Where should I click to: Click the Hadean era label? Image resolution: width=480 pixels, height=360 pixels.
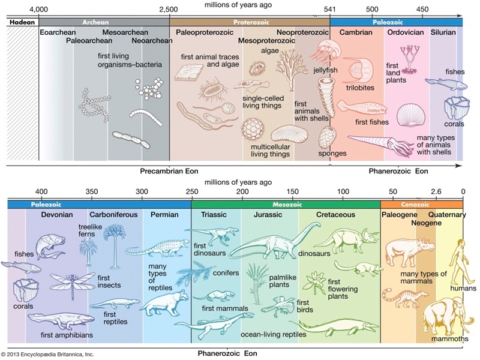[22, 22]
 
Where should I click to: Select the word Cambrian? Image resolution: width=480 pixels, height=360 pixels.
[356, 32]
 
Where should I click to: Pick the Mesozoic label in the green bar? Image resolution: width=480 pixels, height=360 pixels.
[287, 205]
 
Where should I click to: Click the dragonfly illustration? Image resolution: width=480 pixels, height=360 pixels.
[73, 284]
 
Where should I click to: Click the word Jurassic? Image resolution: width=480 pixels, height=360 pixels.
[268, 215]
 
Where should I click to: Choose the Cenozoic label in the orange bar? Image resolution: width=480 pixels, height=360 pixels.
[415, 205]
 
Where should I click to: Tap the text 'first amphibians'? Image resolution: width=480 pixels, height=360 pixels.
[67, 335]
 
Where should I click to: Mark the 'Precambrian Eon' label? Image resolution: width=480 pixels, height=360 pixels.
[169, 171]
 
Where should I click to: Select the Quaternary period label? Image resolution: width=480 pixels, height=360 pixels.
[447, 215]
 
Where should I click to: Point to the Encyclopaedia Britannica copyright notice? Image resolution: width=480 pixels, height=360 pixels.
[47, 355]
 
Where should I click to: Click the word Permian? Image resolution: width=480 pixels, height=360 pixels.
[164, 215]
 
